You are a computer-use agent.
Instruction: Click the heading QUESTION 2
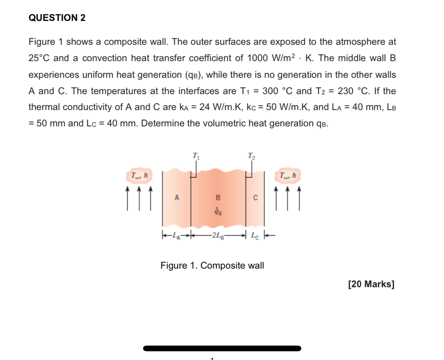click(x=57, y=18)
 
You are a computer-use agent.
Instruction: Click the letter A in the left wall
click(x=176, y=197)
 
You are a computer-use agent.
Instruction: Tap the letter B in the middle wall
click(x=218, y=197)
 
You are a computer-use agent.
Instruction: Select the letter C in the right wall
click(x=255, y=197)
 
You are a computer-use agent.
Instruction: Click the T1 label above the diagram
click(x=195, y=155)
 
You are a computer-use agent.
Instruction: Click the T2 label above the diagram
click(x=251, y=155)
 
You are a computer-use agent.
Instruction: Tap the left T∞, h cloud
click(x=139, y=176)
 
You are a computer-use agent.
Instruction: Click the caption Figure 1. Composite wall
click(x=212, y=266)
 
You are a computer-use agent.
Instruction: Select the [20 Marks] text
click(x=371, y=284)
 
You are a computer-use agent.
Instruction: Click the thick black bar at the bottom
click(x=222, y=348)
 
